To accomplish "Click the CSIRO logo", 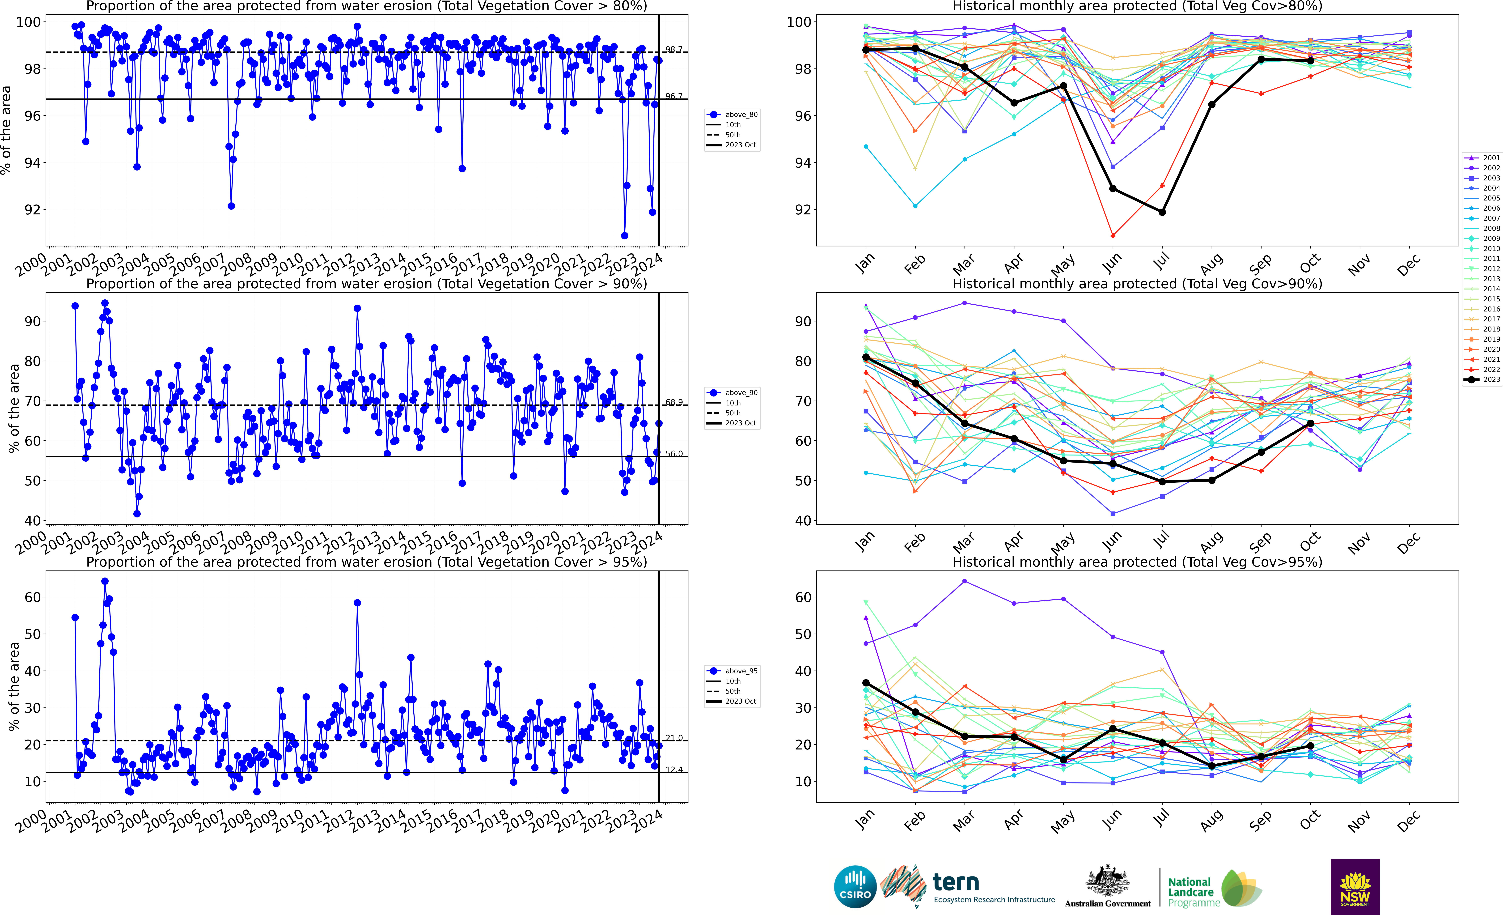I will click(x=855, y=886).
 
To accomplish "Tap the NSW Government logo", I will click(x=1355, y=886).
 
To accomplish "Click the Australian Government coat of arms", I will click(x=1107, y=881).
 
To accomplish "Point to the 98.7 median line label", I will click(x=673, y=49).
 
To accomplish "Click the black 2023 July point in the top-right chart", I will click(x=1162, y=212).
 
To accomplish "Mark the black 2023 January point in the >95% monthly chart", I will click(x=866, y=683).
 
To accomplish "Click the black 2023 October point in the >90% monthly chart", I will click(x=1310, y=423).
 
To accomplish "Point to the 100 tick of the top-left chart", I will click(x=28, y=22).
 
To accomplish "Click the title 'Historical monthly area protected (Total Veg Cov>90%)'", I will click(x=1137, y=284).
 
